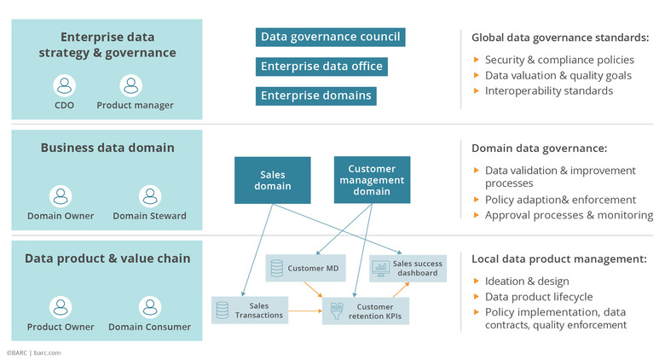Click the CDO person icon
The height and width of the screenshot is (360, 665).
click(65, 85)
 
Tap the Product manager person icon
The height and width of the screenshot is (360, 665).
click(130, 85)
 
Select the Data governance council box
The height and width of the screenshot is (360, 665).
click(330, 37)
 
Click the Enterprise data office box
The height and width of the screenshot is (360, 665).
click(322, 67)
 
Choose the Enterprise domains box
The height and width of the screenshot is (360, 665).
click(316, 96)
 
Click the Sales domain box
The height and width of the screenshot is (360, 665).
click(273, 180)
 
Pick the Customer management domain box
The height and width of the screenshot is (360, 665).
click(372, 180)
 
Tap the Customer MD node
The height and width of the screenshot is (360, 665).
click(305, 269)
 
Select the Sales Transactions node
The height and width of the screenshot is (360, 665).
click(250, 310)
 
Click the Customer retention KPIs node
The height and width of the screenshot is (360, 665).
click(365, 310)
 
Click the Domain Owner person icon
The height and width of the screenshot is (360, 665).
click(60, 195)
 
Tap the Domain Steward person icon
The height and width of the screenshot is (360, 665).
click(149, 195)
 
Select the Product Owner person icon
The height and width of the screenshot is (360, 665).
click(60, 307)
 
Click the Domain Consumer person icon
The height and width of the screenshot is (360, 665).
click(149, 307)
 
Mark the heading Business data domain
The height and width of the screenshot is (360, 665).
click(107, 148)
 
